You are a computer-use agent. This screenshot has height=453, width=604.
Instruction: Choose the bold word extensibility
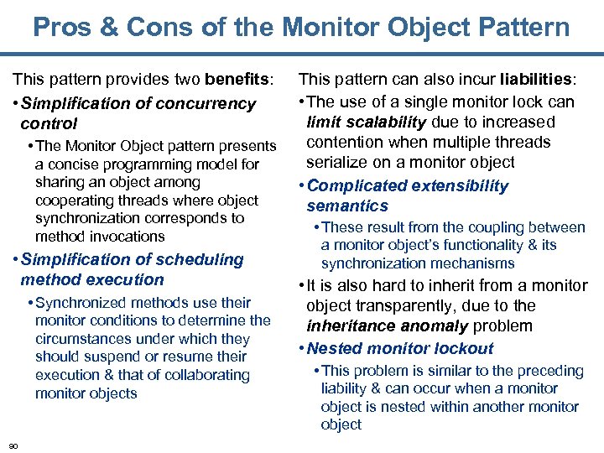click(454, 185)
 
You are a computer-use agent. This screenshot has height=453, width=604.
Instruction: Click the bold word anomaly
click(427, 325)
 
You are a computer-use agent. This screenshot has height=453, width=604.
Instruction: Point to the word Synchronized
click(76, 302)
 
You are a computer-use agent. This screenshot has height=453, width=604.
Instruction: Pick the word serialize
click(336, 162)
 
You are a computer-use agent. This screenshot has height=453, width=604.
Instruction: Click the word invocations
click(122, 237)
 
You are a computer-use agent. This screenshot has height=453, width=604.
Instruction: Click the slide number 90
click(13, 444)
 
